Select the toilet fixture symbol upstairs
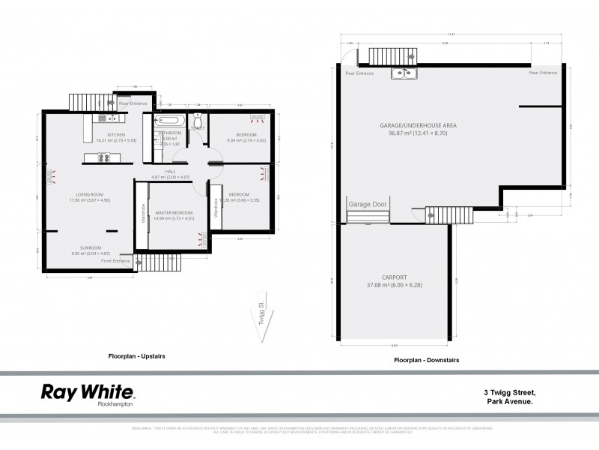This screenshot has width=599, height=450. pyautogui.click(x=197, y=119)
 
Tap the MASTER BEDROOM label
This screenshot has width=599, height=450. pyautogui.click(x=174, y=213)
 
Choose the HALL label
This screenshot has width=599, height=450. pyautogui.click(x=171, y=171)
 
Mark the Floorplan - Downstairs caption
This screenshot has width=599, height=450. pyautogui.click(x=426, y=361)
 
